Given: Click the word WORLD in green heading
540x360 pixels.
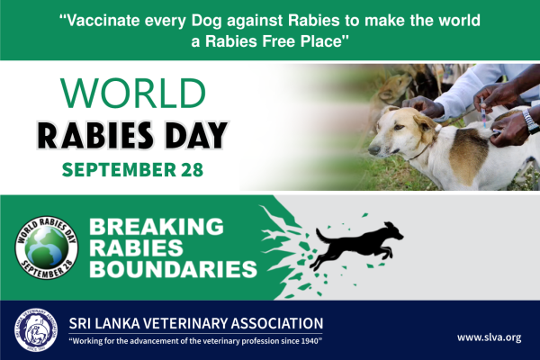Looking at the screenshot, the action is tap(133, 93).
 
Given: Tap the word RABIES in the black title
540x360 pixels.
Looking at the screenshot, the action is tap(95, 135).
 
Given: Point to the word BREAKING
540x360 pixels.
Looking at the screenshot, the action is tap(157, 227).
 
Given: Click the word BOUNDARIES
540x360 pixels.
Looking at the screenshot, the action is tap(173, 269).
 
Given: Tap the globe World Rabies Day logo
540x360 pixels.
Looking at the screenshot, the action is tap(47, 247).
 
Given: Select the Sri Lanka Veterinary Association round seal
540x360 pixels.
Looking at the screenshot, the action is tap(36, 330).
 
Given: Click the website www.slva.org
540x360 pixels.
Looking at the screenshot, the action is tap(489, 337).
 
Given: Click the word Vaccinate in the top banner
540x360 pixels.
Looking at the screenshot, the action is tap(103, 21).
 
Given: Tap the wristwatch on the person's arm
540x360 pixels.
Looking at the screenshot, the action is tap(530, 121).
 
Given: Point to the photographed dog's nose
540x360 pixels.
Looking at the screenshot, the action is tap(373, 150).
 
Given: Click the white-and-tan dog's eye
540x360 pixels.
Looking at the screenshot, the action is tap(398, 127).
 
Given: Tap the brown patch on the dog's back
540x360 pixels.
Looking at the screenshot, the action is tap(469, 155).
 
